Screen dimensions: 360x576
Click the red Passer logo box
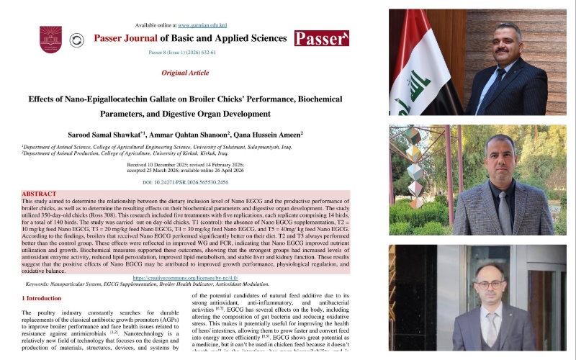tap(321, 38)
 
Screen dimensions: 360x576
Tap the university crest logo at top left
tap(50, 38)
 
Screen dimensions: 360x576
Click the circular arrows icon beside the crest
tap(77, 40)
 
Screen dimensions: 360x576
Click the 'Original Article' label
tap(185, 73)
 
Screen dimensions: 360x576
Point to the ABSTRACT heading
tap(39, 194)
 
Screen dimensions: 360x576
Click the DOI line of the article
tap(185, 184)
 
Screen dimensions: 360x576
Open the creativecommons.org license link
tap(185, 277)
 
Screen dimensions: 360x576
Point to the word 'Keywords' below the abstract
tap(40, 284)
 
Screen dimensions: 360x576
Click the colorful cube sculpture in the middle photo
tap(415, 166)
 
